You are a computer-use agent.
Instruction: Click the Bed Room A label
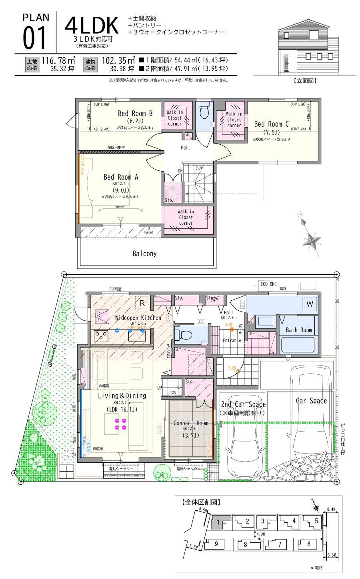pos(121,177)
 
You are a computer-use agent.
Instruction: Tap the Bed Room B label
pos(135,114)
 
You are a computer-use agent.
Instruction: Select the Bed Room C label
pos(271,124)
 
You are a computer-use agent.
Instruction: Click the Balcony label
pos(144,254)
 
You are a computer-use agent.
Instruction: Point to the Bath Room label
pos(299,330)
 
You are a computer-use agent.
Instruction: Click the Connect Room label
pos(191,423)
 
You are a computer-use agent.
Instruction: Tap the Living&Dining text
pos(122,396)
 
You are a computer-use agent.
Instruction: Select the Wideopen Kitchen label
pos(138,318)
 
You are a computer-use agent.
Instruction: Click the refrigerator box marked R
pos(142,304)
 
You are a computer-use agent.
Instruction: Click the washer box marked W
pos(310,304)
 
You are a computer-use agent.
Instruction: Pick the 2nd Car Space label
pos(243,404)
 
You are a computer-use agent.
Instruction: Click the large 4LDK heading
pos(92,26)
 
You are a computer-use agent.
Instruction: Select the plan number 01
pos(35,38)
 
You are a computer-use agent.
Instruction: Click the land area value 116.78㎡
pos(58,61)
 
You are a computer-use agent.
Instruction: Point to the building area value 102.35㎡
pos(118,61)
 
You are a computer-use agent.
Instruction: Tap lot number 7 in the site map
pos(280,544)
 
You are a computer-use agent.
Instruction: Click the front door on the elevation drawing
pos(286,63)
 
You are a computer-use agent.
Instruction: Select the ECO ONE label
pos(268,284)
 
